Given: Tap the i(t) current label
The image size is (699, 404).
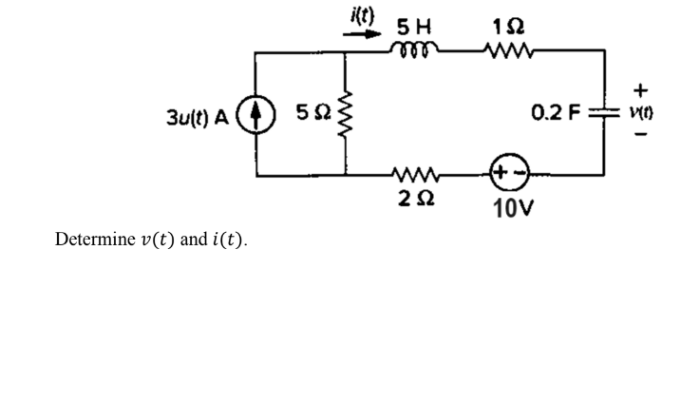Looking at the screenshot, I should [362, 12].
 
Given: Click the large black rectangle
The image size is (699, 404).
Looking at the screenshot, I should [532, 367].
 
